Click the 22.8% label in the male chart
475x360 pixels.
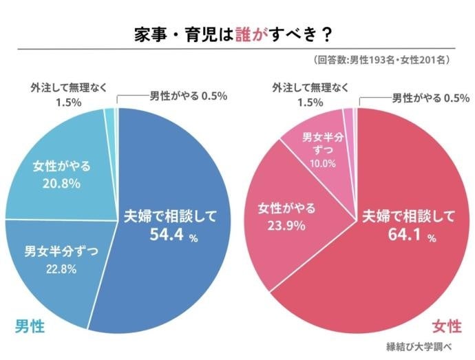pos(61,268)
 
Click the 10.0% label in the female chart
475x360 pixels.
pos(323,164)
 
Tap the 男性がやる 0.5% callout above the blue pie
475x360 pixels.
pos(188,96)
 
